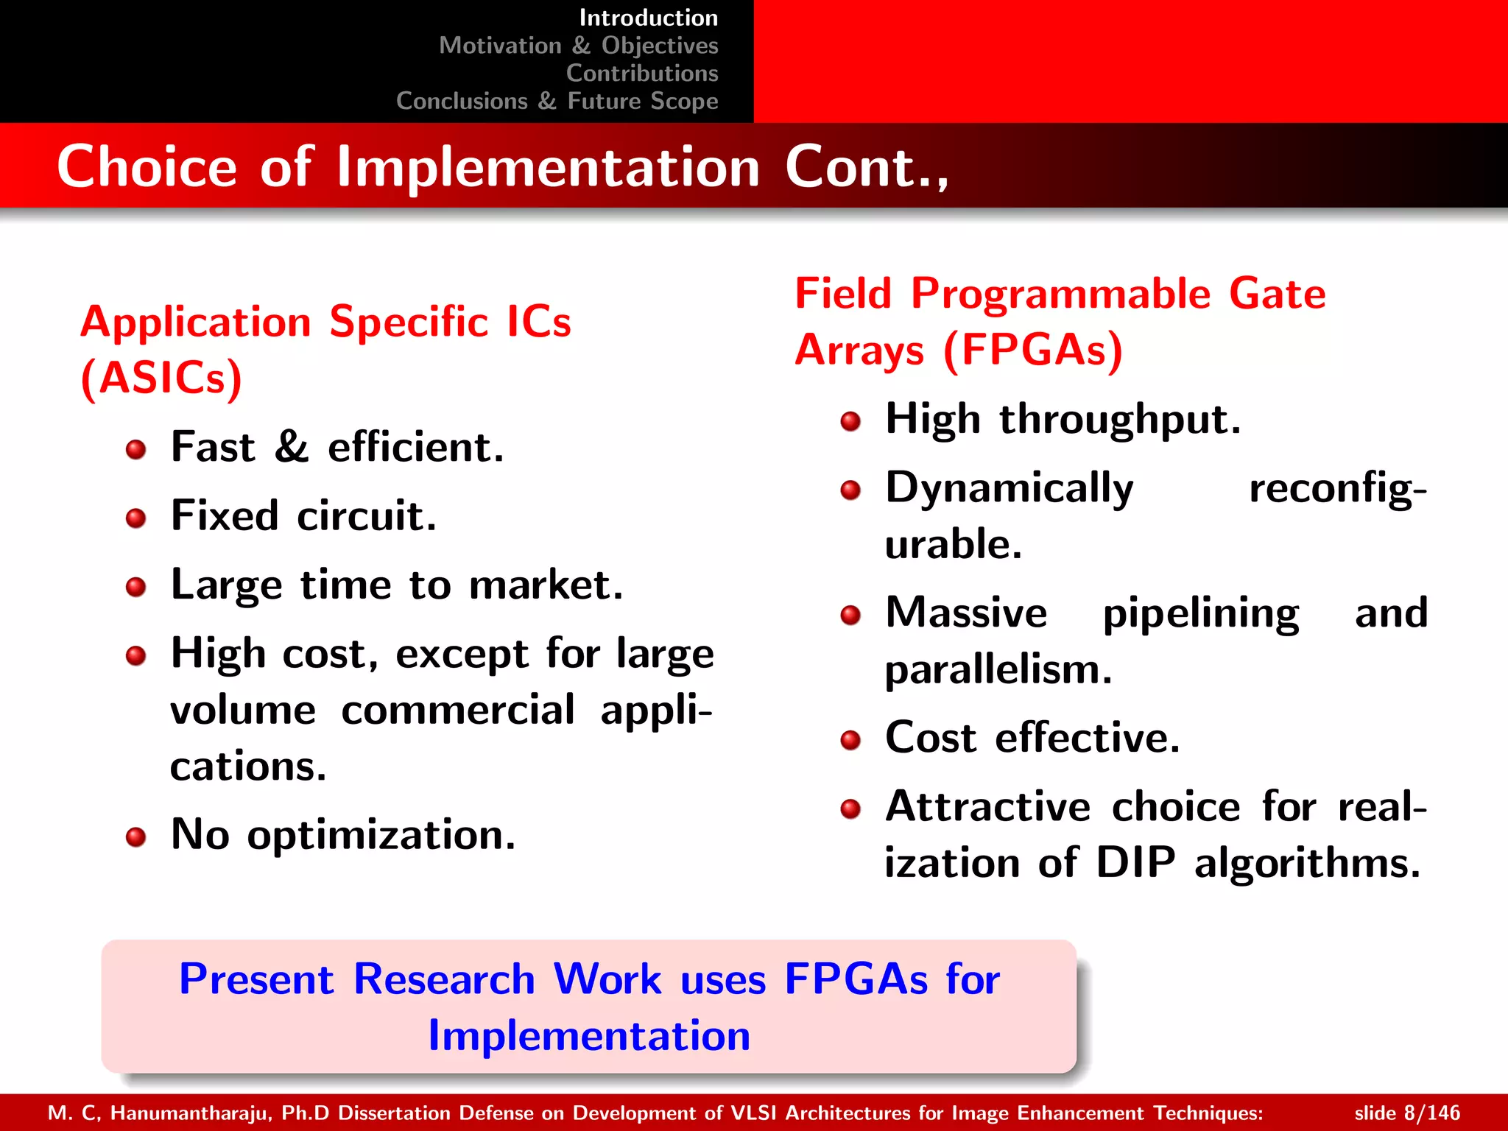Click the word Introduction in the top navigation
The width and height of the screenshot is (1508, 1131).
(x=648, y=18)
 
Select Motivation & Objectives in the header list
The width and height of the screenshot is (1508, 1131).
(x=578, y=46)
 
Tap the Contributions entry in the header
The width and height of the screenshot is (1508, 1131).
(x=641, y=74)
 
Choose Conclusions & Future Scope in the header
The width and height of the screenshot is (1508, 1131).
(x=557, y=101)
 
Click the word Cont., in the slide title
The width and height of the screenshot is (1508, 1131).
(x=867, y=167)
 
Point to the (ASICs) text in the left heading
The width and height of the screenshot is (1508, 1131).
(x=161, y=378)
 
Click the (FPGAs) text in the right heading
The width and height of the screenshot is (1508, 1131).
(x=1032, y=350)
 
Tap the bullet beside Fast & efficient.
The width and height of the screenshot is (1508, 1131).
(x=135, y=449)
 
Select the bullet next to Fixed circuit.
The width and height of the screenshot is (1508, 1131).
(x=135, y=518)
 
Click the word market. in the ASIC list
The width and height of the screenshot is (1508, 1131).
(x=546, y=585)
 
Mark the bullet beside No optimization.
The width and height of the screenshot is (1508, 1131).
(x=135, y=837)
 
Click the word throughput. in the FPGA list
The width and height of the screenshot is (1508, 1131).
(x=1119, y=420)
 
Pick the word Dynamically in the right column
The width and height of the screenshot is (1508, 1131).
(x=1009, y=489)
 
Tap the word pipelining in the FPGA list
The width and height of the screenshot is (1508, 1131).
(x=1200, y=613)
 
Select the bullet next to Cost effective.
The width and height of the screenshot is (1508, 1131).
(x=850, y=739)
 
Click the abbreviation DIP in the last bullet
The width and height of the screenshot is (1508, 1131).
(x=1135, y=862)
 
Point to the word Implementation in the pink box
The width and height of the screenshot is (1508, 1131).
(x=589, y=1036)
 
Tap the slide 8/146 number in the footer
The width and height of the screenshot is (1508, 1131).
(x=1406, y=1113)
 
